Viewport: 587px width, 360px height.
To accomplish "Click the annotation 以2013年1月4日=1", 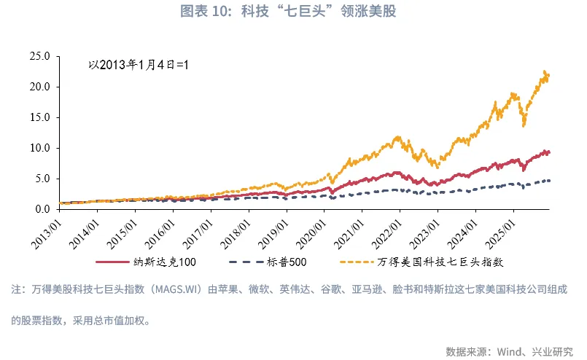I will (139, 65).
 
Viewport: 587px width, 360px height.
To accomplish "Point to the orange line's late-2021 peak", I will (397, 136).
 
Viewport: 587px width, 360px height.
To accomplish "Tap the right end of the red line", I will (548, 152).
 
